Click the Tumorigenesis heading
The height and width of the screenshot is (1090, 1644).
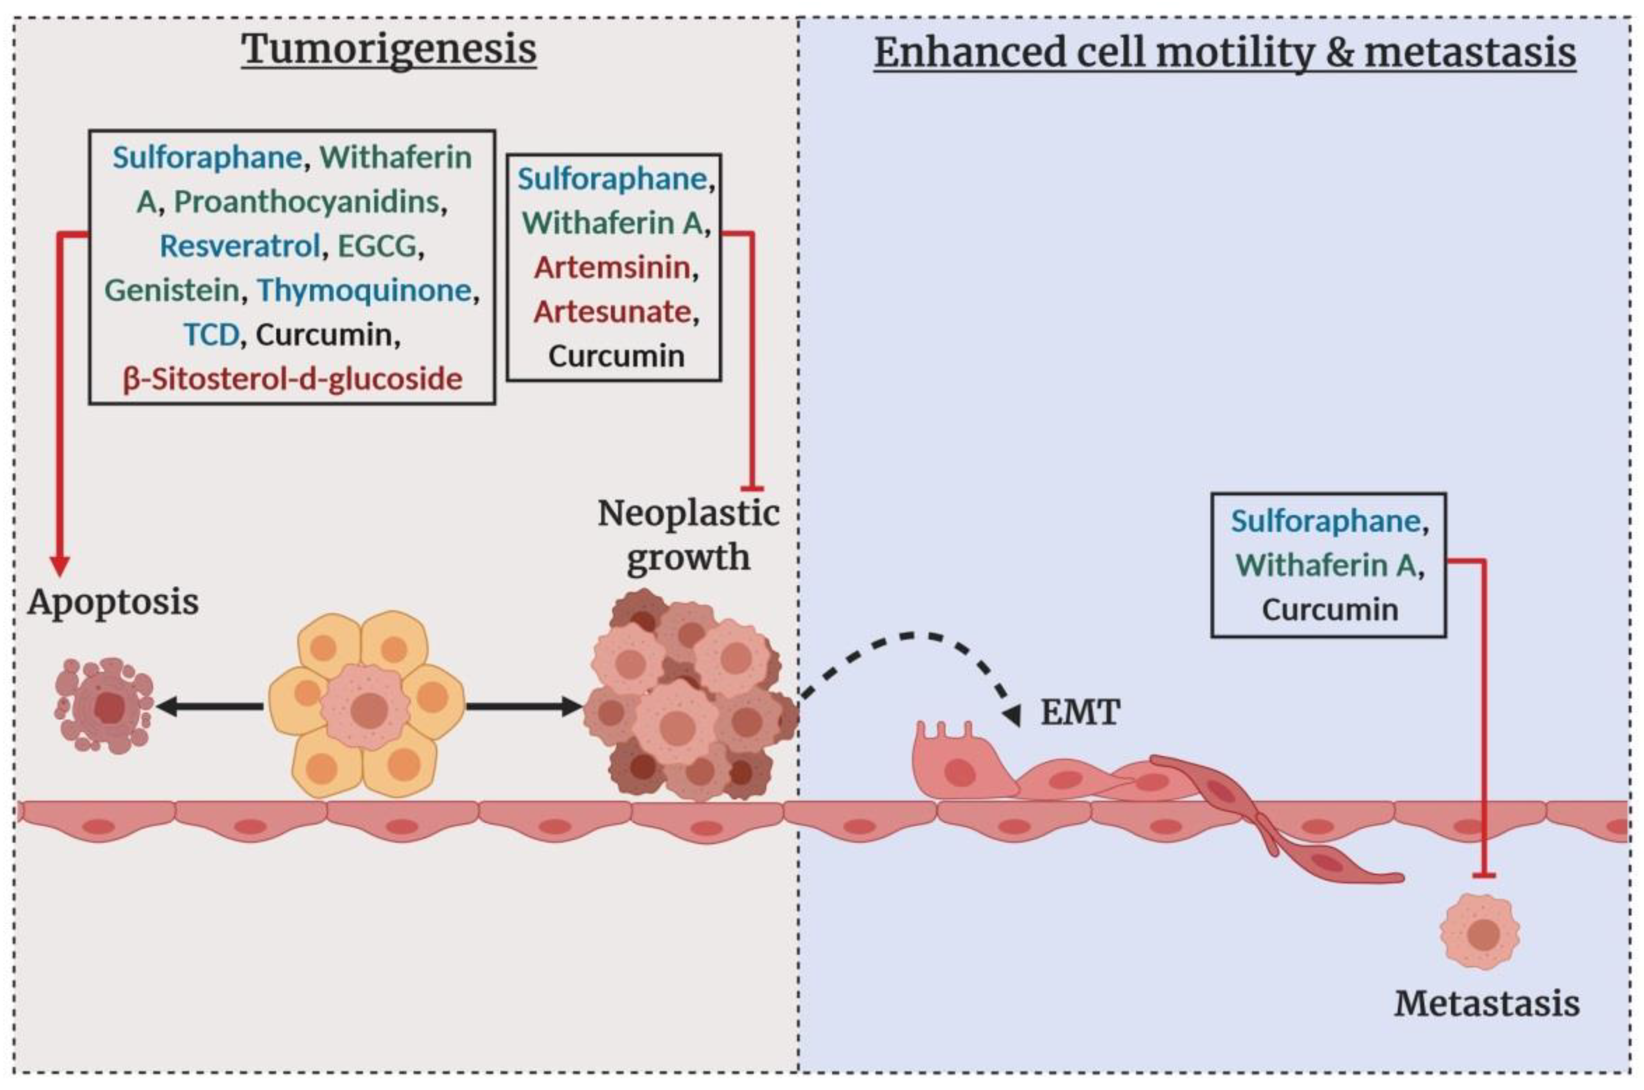point(389,50)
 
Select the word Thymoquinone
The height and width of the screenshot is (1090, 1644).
point(364,290)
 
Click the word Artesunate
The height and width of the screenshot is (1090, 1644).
point(612,312)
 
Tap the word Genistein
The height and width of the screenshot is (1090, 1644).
point(172,290)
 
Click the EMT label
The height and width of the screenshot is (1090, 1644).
point(1079,712)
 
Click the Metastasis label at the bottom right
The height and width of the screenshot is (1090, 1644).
point(1486,1004)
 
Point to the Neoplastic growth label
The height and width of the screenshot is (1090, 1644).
point(688,535)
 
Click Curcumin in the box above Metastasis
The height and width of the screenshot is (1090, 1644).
point(1329,610)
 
